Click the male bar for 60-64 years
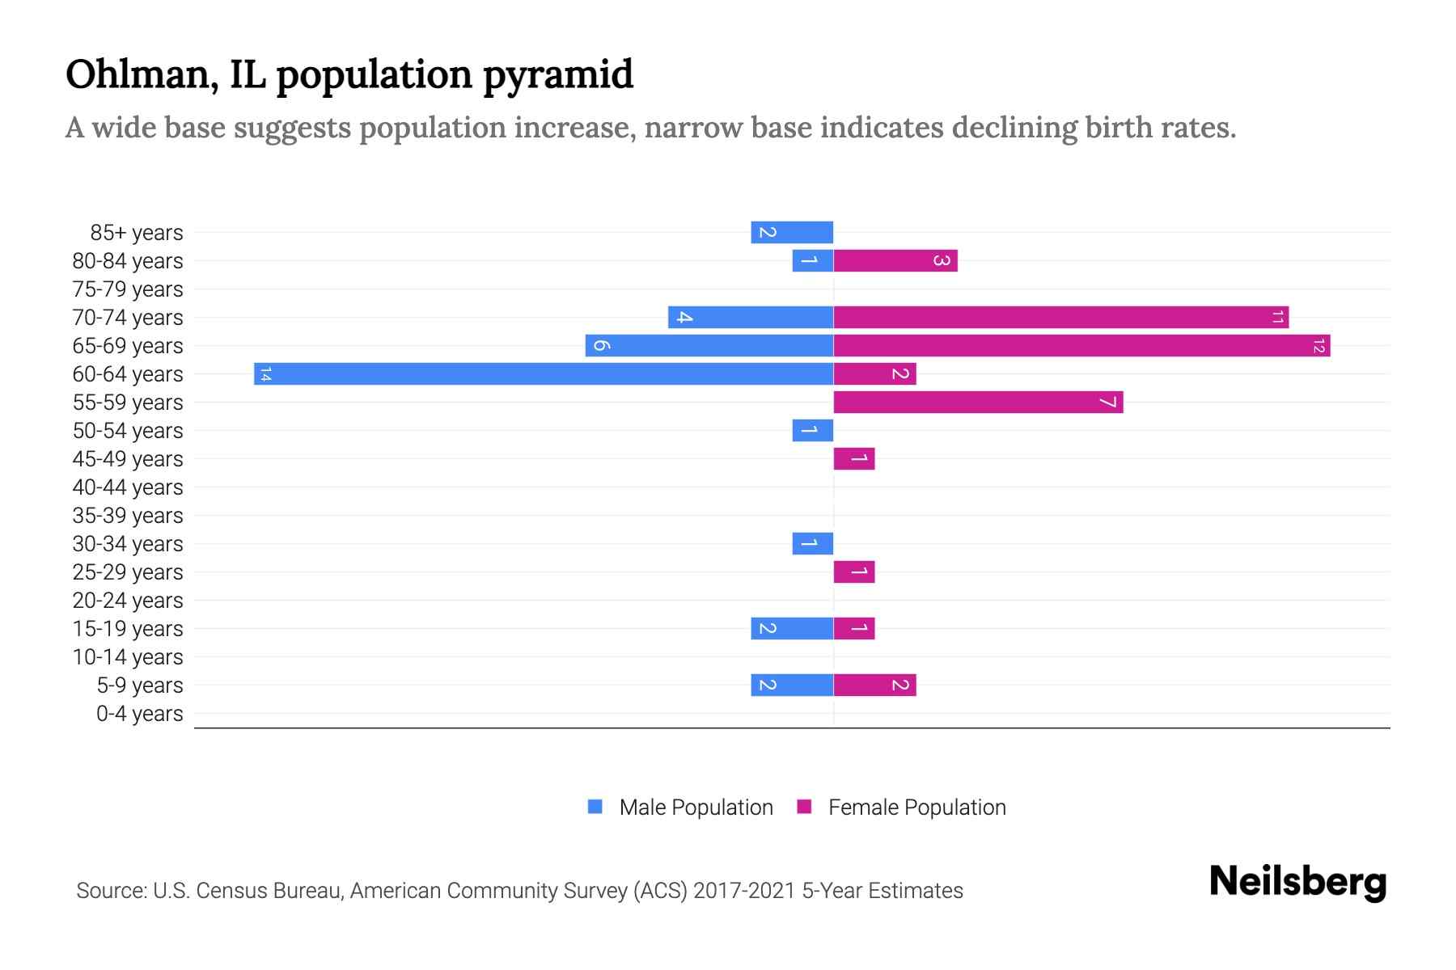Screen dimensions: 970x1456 coord(544,373)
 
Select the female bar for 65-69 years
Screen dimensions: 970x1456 coord(1081,345)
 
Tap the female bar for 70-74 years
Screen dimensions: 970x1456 coord(1060,317)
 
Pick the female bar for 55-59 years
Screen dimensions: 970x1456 coord(978,402)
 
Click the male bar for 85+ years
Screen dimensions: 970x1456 coord(792,232)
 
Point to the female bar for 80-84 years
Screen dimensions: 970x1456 coord(895,260)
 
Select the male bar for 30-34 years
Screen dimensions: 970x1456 coord(812,543)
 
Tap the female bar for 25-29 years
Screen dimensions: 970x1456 coord(854,571)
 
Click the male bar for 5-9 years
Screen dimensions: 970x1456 coord(792,685)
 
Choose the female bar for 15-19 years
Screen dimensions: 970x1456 coord(854,628)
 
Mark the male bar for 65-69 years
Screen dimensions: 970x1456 coord(709,345)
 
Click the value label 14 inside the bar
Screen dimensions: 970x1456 coord(265,373)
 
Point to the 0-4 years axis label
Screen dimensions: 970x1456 coord(139,714)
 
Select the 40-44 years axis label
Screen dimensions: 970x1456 coord(128,487)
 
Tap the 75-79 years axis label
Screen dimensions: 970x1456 coord(128,289)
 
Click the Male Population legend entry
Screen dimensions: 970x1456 coord(696,807)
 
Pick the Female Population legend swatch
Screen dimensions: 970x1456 coord(804,807)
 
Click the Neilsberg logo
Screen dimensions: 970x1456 coord(1297,881)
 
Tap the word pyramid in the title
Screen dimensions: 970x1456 coord(558,75)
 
